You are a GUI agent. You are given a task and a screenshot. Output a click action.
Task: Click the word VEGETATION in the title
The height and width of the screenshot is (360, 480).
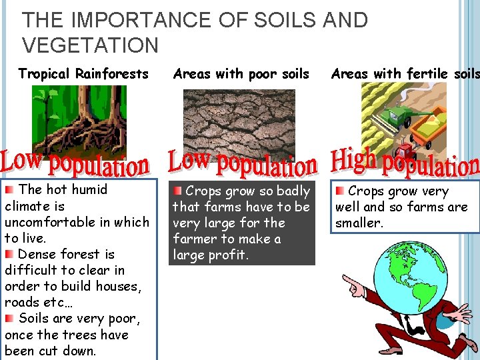click(91, 45)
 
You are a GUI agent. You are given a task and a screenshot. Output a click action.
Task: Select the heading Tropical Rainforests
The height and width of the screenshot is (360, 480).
click(83, 73)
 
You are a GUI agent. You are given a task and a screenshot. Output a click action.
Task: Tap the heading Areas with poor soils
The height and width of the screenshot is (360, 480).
click(241, 73)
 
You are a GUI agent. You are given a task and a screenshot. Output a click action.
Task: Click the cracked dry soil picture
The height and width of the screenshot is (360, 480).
click(239, 123)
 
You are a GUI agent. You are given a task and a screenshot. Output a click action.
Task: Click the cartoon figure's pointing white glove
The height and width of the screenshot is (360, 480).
click(352, 286)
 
